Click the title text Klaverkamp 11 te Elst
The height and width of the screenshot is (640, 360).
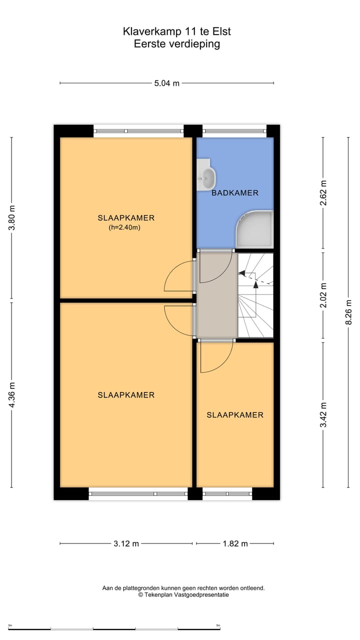[x=177, y=31]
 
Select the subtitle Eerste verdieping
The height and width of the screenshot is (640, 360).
[x=177, y=44]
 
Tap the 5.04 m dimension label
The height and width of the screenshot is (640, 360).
[x=167, y=83]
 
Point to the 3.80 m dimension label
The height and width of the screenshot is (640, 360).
[x=12, y=218]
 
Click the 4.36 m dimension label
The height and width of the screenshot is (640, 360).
[x=12, y=394]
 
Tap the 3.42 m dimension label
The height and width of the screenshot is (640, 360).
[x=323, y=415]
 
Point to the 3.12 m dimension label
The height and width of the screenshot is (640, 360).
[x=126, y=544]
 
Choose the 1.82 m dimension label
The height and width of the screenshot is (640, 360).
[x=235, y=544]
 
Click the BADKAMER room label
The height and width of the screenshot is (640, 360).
[x=235, y=193]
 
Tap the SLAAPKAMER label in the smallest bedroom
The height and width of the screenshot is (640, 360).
[x=235, y=415]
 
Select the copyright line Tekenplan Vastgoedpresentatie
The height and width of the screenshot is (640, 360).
[x=183, y=595]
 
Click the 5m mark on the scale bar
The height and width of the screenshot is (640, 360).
[x=218, y=625]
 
